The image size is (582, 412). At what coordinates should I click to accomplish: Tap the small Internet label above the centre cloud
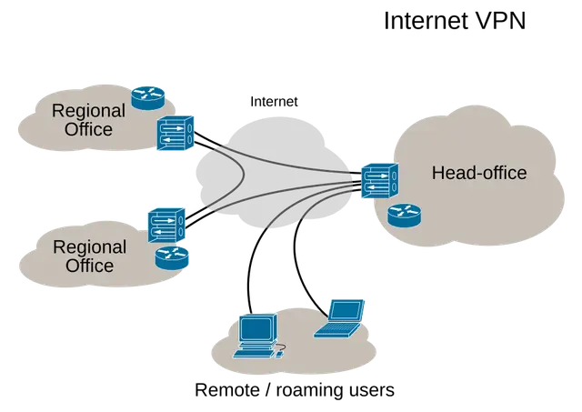pyautogui.click(x=274, y=102)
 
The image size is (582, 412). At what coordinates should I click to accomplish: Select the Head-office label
pyautogui.click(x=479, y=173)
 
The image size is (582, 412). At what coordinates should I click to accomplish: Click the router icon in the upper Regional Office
pyautogui.click(x=147, y=98)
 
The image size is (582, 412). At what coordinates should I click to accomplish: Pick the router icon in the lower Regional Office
pyautogui.click(x=172, y=257)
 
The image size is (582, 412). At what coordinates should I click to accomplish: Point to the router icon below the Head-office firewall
pyautogui.click(x=404, y=216)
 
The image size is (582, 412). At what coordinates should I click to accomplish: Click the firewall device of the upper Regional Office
pyautogui.click(x=176, y=133)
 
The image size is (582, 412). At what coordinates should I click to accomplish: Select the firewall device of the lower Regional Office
pyautogui.click(x=166, y=225)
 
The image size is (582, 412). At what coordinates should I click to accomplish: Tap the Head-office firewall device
pyautogui.click(x=380, y=180)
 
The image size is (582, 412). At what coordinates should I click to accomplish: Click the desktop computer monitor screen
pyautogui.click(x=256, y=328)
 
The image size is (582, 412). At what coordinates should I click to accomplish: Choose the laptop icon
pyautogui.click(x=339, y=318)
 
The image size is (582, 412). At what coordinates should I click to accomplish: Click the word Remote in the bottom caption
pyautogui.click(x=227, y=390)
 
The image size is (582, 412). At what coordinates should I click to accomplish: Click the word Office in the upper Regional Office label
pyautogui.click(x=88, y=129)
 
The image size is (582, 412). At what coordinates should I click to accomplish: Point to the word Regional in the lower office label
pyautogui.click(x=89, y=248)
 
